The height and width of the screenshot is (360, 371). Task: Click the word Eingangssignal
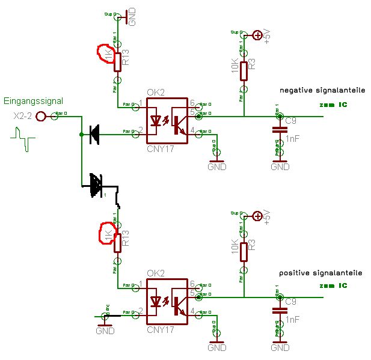pos(33,101)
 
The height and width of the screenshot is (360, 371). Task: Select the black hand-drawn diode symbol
pos(96,185)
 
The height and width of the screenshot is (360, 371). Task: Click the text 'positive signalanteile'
pos(320,273)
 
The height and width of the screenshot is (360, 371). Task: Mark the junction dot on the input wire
pos(81,134)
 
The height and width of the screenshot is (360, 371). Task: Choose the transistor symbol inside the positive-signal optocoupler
pos(179,305)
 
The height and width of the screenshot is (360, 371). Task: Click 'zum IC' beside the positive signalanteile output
pos(334,285)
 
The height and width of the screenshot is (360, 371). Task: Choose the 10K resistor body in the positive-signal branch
pos(244,251)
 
